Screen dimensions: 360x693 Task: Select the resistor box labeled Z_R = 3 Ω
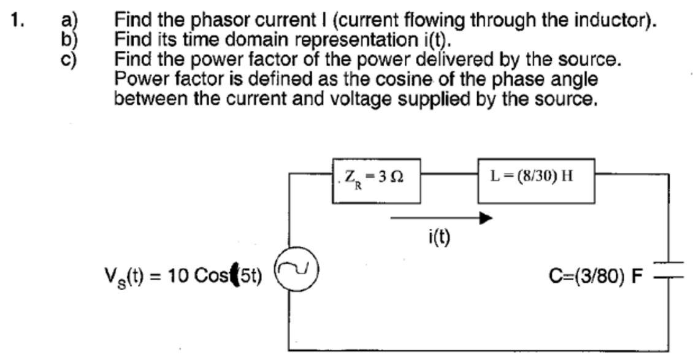pos(376,180)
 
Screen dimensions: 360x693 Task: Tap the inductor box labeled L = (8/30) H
pos(535,180)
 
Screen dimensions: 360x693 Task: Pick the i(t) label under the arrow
pos(439,237)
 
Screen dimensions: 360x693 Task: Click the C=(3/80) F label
pos(595,277)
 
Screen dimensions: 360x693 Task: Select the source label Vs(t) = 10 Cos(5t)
pos(183,276)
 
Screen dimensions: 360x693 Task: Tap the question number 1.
pos(17,20)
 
